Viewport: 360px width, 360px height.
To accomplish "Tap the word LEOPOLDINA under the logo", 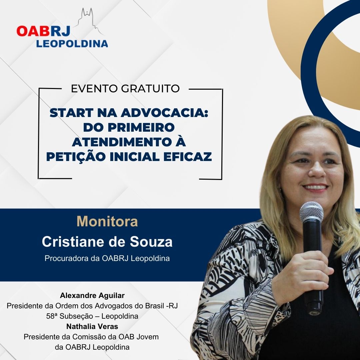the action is click(72, 44).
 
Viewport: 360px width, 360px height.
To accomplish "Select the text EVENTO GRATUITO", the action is click(125, 89).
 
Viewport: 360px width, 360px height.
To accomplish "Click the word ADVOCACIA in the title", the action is click(164, 113).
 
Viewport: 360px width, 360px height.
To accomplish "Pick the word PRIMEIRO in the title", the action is click(141, 127).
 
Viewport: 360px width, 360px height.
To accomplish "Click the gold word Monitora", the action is click(107, 221).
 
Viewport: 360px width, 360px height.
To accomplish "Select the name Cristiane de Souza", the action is click(107, 242).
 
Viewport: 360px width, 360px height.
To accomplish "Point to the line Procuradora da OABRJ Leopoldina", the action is click(107, 259).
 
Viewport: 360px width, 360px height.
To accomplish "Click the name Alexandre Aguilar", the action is click(92, 295).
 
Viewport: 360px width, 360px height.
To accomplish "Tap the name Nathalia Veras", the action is click(92, 326).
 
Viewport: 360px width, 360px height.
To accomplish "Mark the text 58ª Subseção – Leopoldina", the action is click(92, 316).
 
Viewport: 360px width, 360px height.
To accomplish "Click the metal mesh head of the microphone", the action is click(311, 212).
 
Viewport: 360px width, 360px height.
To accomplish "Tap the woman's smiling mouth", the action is click(315, 187).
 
